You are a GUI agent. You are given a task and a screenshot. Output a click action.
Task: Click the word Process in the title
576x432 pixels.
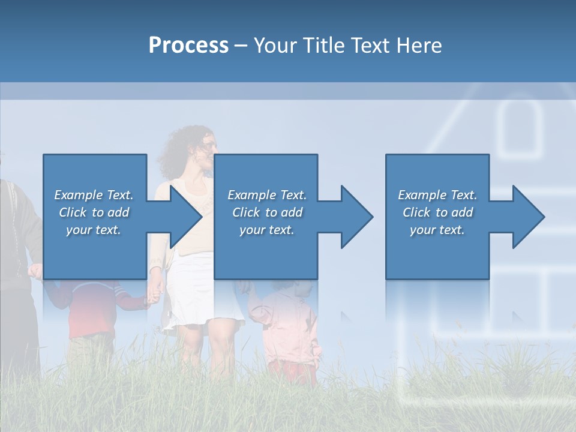click(x=188, y=46)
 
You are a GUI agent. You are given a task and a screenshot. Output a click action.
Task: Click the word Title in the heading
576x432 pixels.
click(x=321, y=46)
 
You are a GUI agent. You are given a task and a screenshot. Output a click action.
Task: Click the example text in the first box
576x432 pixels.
click(x=94, y=212)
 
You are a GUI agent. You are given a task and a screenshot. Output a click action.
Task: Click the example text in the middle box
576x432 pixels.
click(x=267, y=212)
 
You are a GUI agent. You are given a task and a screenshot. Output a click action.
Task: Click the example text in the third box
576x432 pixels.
click(x=437, y=212)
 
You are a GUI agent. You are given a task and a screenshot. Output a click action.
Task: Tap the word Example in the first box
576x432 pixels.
click(x=78, y=195)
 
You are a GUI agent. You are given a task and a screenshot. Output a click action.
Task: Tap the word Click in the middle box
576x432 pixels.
click(x=245, y=212)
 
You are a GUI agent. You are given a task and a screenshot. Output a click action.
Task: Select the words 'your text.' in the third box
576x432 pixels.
click(x=437, y=230)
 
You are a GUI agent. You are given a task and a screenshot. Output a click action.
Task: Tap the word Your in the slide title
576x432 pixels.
click(x=275, y=46)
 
